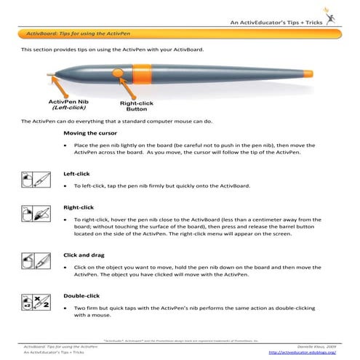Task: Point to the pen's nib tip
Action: pyautogui.click(x=48, y=73)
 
